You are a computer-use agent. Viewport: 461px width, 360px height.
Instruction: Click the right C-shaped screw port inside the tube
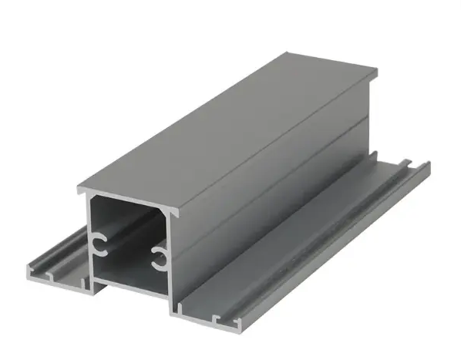click(159, 259)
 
